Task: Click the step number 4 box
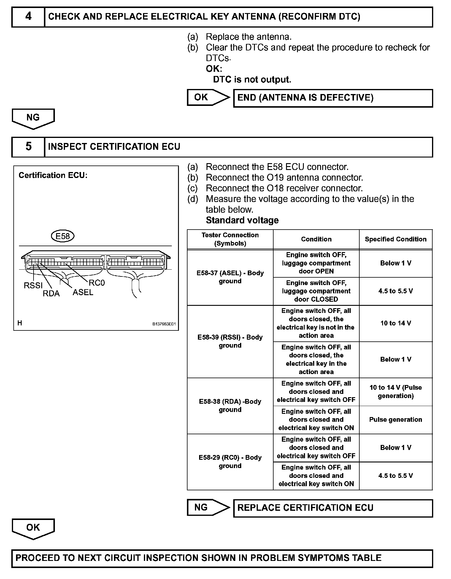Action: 28,17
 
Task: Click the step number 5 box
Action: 28,147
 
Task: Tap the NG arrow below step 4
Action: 33,118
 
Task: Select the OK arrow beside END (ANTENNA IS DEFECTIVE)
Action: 208,97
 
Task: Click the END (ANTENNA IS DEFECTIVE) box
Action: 333,98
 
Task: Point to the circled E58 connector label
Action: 63,236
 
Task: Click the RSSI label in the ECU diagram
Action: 33,286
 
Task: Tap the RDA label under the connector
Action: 51,294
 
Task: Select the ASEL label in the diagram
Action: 83,292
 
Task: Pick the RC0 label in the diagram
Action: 97,283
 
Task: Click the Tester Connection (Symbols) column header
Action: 230,239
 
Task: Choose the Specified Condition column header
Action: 396,239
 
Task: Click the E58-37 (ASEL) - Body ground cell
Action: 230,277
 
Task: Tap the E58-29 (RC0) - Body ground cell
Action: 230,462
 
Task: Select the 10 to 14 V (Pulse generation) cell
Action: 396,392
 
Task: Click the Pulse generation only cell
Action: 396,419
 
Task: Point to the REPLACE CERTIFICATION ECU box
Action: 333,508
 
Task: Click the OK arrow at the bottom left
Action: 33,528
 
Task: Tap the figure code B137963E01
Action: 164,324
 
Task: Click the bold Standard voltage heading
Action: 242,220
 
